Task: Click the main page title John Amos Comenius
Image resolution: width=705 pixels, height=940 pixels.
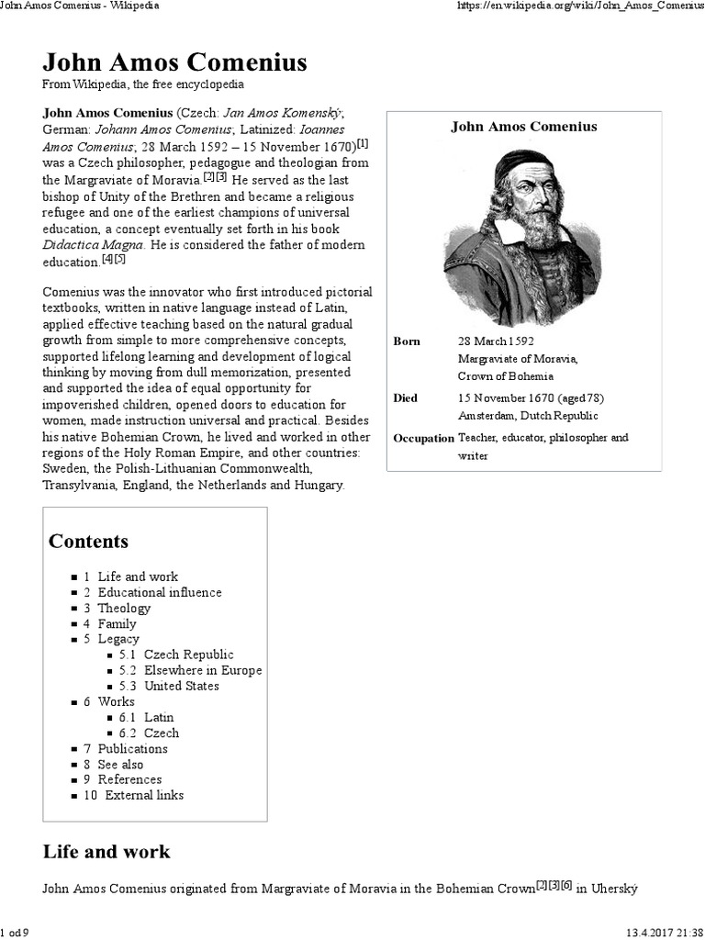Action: [174, 62]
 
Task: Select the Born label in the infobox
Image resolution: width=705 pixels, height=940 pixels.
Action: [407, 341]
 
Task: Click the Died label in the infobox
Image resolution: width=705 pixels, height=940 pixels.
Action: [406, 398]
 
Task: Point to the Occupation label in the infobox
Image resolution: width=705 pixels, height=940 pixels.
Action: [423, 438]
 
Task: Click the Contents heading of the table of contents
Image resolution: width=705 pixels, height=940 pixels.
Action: [88, 541]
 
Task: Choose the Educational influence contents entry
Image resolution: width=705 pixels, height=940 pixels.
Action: [160, 592]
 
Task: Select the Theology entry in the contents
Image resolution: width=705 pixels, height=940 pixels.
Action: [124, 608]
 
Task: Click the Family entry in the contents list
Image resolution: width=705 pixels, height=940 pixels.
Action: [117, 623]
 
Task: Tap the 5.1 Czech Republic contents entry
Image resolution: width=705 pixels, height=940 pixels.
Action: [188, 655]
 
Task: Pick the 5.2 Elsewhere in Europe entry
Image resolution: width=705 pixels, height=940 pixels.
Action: [202, 670]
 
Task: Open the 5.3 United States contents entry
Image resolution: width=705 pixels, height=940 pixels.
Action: [181, 686]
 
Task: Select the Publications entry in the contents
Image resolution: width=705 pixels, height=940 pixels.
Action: [132, 748]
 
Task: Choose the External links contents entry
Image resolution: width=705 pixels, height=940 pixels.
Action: [143, 795]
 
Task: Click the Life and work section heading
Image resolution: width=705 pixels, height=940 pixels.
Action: [106, 851]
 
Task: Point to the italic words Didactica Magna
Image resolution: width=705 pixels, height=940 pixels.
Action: [95, 245]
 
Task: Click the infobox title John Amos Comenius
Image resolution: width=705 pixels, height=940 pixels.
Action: [523, 127]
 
